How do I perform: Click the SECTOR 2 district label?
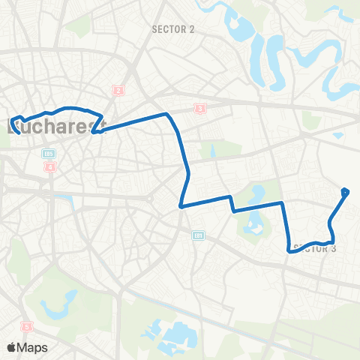[172, 30]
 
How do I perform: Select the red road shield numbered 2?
[118, 91]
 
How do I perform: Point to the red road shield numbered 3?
[199, 109]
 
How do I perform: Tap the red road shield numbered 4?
[50, 166]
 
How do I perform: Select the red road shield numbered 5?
[27, 327]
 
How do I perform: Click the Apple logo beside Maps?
[11, 347]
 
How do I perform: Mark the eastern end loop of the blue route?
[345, 192]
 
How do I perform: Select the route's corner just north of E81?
[181, 205]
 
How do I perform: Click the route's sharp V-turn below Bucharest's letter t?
[95, 132]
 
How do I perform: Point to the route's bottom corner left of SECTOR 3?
[290, 252]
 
